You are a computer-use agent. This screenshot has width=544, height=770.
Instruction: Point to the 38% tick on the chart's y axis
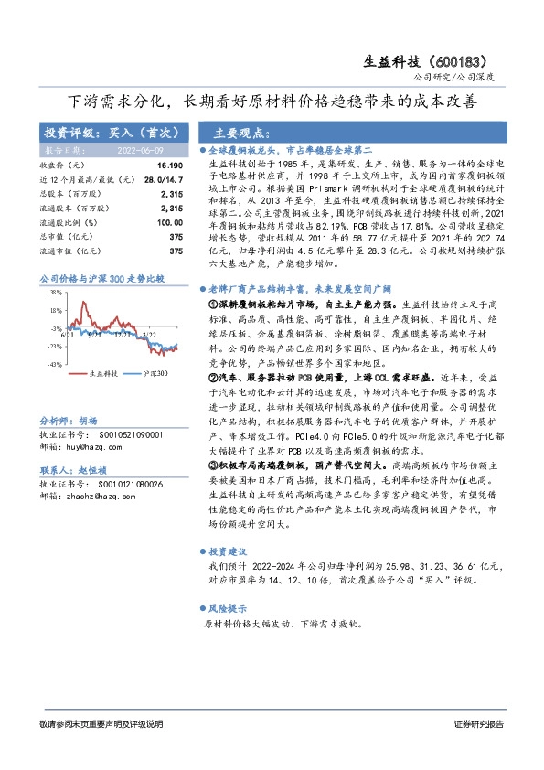tap(56, 294)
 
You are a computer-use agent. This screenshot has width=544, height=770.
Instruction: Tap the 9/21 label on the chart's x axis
tap(94, 336)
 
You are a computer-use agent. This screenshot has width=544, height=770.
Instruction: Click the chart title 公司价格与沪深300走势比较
tap(101, 278)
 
